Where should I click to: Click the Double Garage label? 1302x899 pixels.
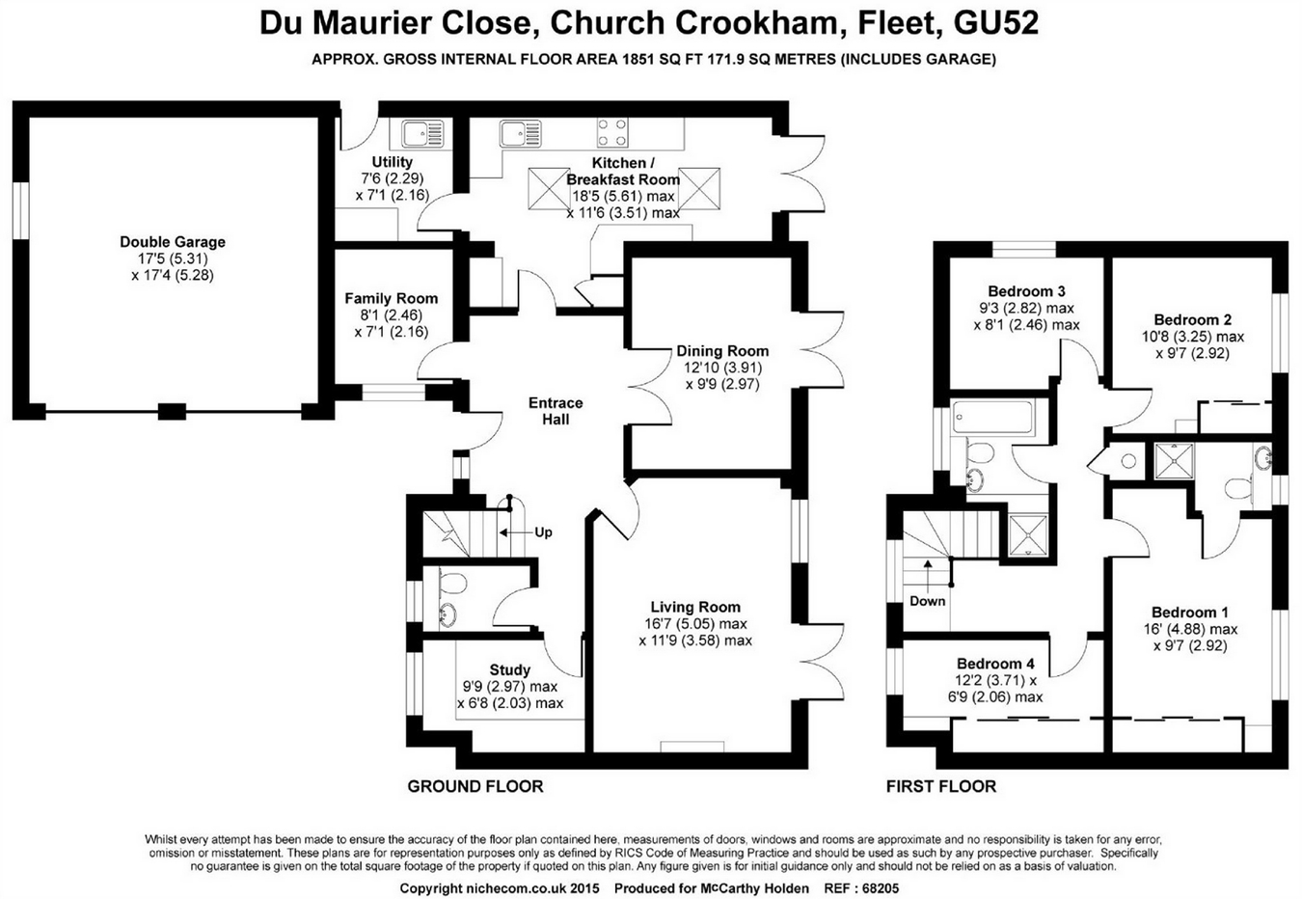[173, 242]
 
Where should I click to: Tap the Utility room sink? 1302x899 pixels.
[421, 133]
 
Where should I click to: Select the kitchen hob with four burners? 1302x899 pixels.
[612, 131]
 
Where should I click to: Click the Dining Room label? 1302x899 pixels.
[722, 351]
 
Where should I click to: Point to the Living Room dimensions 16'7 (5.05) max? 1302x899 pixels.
[695, 624]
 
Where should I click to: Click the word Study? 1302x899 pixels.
[509, 669]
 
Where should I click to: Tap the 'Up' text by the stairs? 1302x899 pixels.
[543, 532]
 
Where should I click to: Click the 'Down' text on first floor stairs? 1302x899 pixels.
[927, 601]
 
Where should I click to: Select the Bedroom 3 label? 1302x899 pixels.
[1026, 291]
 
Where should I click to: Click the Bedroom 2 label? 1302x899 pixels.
[1192, 320]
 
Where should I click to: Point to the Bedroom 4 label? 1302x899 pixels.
[995, 664]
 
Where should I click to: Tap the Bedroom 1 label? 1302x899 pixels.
[1190, 613]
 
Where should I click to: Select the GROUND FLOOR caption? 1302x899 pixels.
[475, 786]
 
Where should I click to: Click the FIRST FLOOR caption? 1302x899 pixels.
[940, 786]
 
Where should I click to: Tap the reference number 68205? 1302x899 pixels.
[879, 887]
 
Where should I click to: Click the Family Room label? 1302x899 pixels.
[391, 299]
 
